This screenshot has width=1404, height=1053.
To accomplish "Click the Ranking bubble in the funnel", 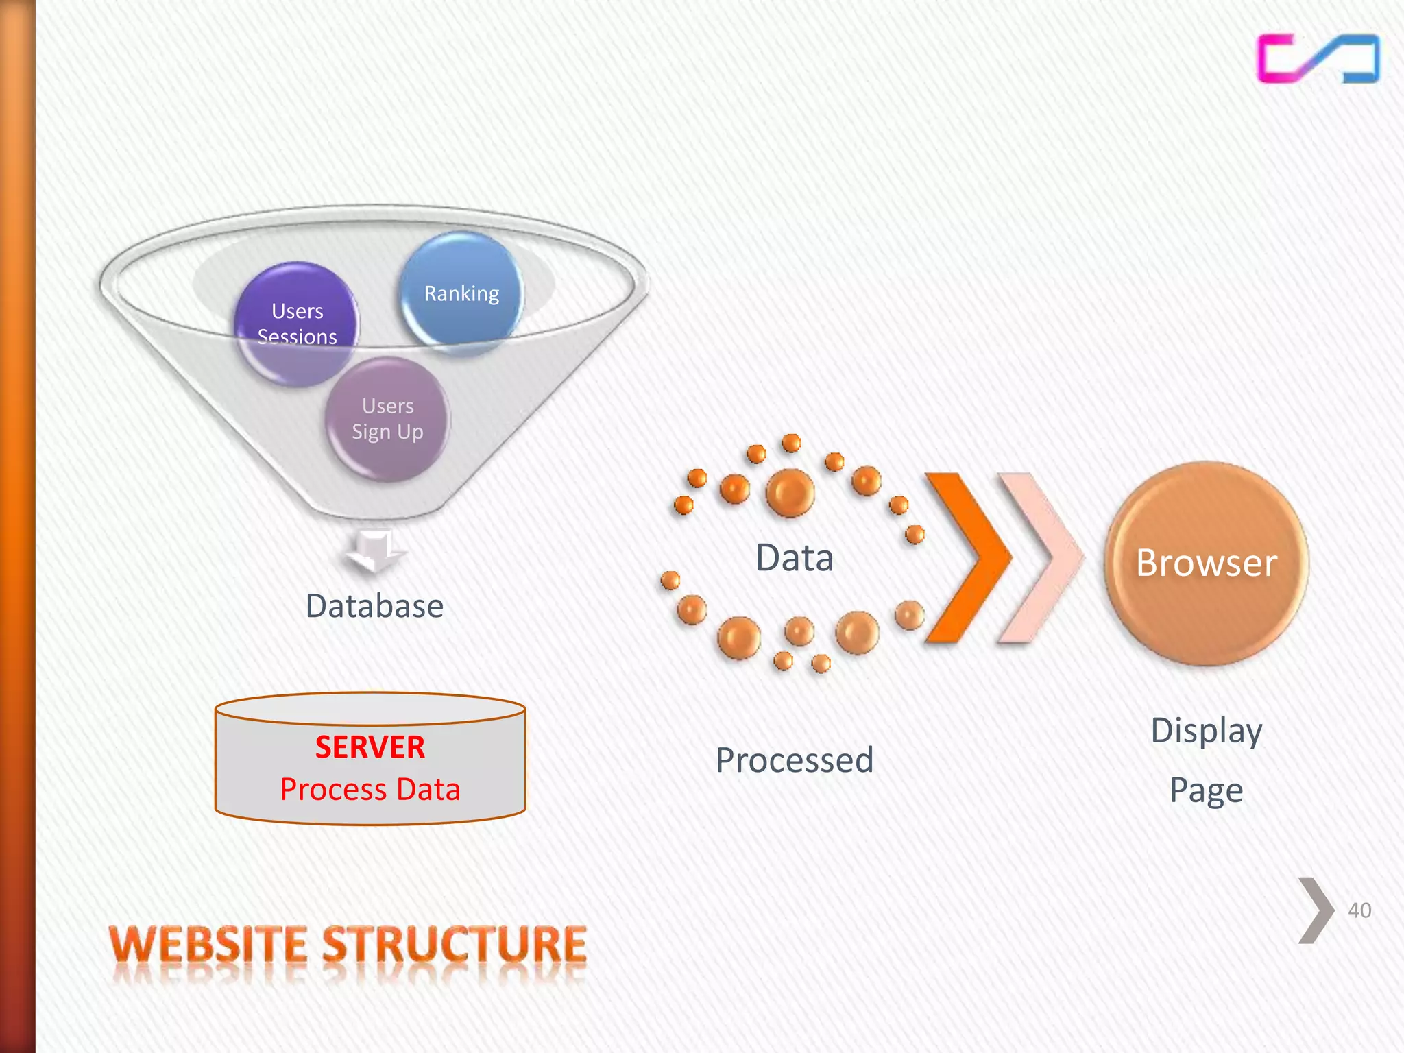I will click(461, 293).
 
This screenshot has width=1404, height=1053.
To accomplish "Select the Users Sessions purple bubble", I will click(296, 324).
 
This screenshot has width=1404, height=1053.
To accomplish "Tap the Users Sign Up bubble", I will click(387, 419).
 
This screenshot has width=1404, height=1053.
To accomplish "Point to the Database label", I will click(374, 606).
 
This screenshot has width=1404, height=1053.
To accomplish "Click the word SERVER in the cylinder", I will click(370, 747).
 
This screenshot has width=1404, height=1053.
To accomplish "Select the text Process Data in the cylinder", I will click(370, 789).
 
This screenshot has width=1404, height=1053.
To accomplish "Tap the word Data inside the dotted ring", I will click(795, 557).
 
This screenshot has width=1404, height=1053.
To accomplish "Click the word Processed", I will click(795, 760).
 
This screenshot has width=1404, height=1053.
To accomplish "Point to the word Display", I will click(1207, 731).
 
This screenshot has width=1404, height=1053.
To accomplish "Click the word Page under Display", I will click(1207, 790).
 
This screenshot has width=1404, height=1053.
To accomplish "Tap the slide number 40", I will click(1359, 910).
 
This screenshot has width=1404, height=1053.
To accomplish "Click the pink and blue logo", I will click(1318, 59).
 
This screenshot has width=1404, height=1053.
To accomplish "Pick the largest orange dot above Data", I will click(790, 492).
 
